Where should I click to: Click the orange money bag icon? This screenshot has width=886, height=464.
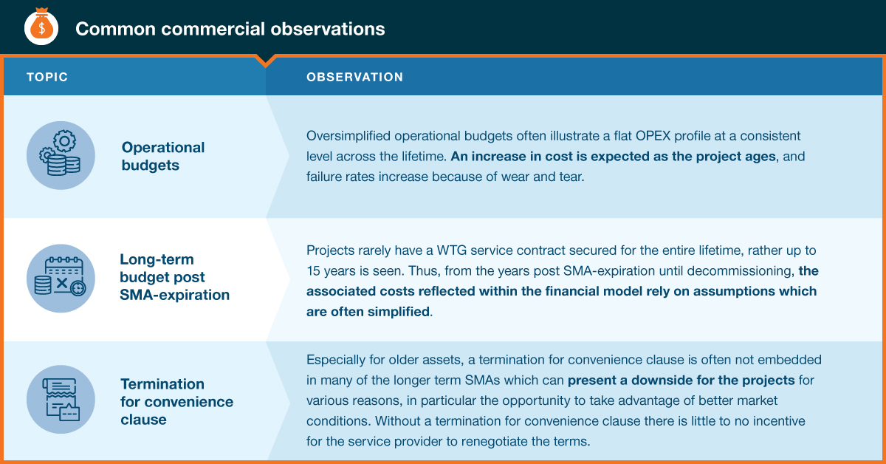41,27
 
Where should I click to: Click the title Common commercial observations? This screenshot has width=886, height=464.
230,29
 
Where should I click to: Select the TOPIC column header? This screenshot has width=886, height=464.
47,77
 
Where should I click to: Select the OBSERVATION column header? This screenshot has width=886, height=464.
355,77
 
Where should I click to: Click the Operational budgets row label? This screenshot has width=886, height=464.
163,156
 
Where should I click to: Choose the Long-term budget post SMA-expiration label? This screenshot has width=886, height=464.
174,277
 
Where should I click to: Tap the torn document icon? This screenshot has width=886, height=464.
61,399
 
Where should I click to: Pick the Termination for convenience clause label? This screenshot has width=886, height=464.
176,401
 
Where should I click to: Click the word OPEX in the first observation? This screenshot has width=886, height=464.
653,136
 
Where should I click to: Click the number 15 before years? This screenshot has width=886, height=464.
313,271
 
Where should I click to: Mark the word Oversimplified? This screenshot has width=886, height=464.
348,136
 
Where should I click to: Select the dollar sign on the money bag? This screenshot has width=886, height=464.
41,29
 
